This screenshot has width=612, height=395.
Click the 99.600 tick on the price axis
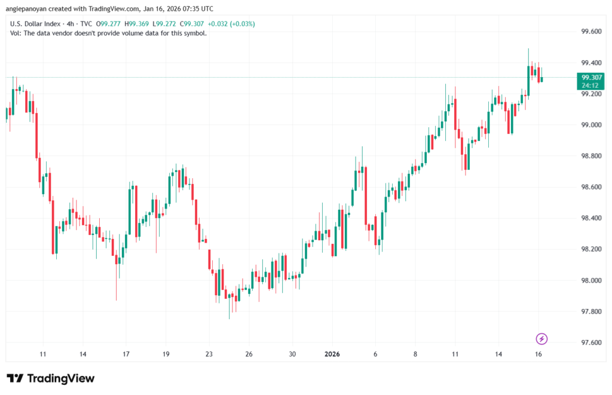click(x=592, y=32)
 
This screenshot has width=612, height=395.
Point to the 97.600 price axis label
click(x=592, y=342)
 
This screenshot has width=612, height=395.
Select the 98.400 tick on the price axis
click(x=592, y=218)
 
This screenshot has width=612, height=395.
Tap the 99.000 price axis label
click(x=592, y=125)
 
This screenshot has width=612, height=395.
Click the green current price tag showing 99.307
click(x=591, y=81)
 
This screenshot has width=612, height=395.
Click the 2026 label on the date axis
click(x=333, y=354)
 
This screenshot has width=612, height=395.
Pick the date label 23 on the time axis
click(x=209, y=354)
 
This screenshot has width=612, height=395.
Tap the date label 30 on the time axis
click(x=293, y=354)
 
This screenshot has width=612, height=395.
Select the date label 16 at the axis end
click(x=538, y=354)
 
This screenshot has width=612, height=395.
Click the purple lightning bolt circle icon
click(x=541, y=339)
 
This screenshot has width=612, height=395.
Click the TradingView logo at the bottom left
click(x=51, y=378)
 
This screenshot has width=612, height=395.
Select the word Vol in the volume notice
click(x=16, y=33)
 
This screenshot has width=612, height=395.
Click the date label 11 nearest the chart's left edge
click(x=42, y=354)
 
